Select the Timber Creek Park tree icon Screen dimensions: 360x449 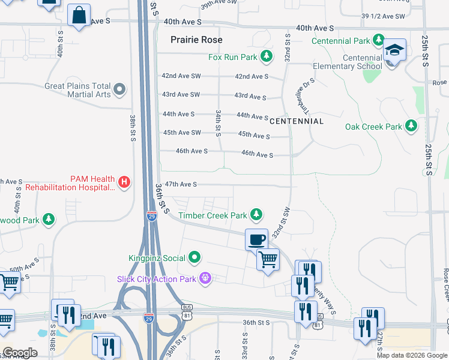256,214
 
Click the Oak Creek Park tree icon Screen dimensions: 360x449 411,126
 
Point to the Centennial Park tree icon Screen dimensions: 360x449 378,41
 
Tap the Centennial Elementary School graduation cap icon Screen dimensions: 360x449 394,51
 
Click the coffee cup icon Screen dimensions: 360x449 256,239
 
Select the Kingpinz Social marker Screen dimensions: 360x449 194,258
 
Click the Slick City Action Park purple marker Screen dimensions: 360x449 206,278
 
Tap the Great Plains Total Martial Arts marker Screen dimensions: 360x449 119,90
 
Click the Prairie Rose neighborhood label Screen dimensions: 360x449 196,40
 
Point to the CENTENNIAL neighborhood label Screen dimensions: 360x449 297,121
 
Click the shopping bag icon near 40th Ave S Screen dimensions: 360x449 79,16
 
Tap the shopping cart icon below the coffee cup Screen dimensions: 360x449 268,260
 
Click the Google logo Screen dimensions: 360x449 20,353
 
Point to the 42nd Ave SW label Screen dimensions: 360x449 181,76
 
